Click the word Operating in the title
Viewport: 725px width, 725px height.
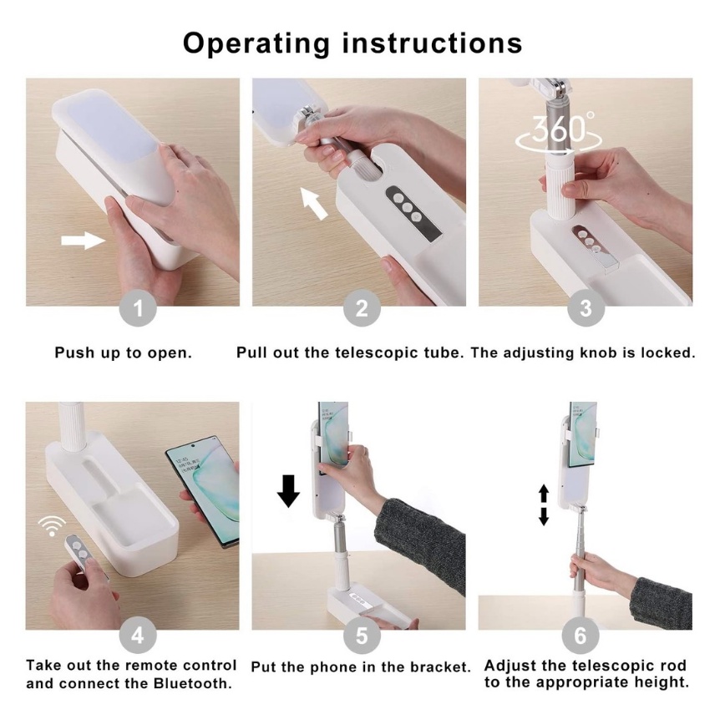tap(256, 44)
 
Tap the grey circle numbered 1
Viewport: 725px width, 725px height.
tap(138, 308)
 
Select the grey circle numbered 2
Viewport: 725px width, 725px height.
tap(362, 308)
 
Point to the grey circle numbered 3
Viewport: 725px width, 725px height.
tap(586, 308)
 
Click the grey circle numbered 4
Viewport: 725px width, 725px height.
tap(138, 636)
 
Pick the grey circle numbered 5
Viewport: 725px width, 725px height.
tap(362, 636)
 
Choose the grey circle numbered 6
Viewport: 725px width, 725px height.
tap(581, 636)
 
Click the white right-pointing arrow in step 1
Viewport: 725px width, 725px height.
tap(84, 241)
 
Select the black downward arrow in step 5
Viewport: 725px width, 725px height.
tap(288, 490)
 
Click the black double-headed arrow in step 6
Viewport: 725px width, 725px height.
tap(544, 504)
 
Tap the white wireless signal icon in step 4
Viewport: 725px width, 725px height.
tap(52, 525)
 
